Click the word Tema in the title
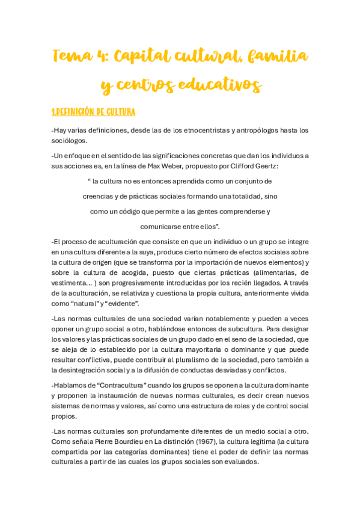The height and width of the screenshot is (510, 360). tap(72, 57)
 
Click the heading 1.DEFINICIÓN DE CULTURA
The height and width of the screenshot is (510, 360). tap(93, 112)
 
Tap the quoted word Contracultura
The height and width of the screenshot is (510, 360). tap(115, 385)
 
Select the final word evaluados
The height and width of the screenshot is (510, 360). tap(239, 462)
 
